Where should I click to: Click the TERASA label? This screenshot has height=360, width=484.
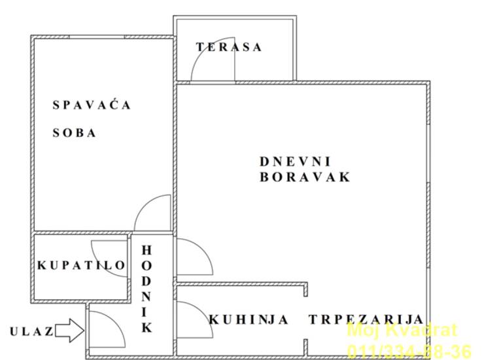229,47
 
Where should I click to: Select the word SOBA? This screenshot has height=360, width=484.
74,133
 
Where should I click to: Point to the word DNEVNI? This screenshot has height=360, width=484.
295,161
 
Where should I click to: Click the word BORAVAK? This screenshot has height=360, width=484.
305,177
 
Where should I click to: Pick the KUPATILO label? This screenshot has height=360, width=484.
81,265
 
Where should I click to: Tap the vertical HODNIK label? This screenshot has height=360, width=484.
147,289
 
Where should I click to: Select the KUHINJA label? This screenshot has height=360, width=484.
249,319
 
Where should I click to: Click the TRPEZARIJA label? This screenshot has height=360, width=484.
366,319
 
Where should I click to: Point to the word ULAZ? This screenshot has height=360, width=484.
31,332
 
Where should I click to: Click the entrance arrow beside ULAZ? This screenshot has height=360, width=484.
69,331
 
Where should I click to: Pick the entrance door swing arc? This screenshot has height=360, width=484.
116,321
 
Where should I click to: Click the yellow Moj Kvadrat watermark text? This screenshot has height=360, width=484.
402,330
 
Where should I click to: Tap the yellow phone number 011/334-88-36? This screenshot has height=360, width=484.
409,351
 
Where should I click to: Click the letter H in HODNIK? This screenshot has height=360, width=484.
147,250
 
